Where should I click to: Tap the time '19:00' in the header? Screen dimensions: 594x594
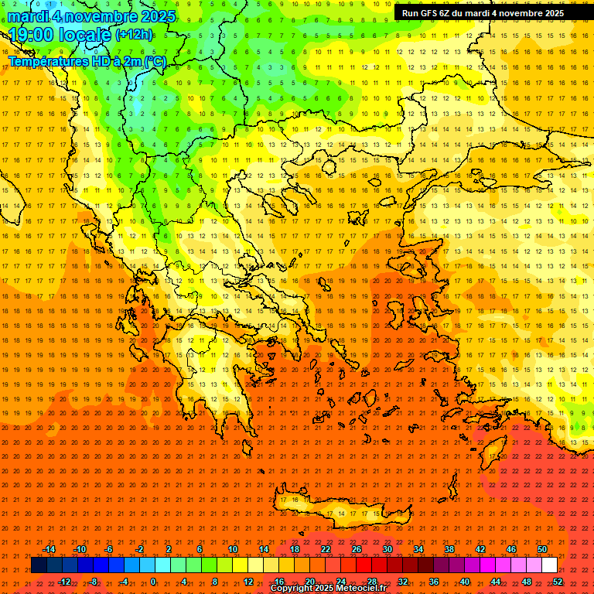[34, 35]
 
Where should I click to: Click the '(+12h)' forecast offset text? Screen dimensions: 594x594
[134, 34]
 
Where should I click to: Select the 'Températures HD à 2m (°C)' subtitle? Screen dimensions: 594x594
[87, 61]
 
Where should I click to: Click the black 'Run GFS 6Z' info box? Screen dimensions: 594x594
[483, 13]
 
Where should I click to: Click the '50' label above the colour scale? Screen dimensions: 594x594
[541, 549]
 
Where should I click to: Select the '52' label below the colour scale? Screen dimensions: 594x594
[558, 582]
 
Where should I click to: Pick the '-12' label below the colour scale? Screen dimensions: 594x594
[64, 582]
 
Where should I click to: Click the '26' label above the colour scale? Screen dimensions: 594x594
[357, 549]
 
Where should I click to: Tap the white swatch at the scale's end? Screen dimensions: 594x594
[549, 565]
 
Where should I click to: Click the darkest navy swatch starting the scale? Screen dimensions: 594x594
[39, 565]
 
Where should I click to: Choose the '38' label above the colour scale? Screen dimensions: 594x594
[449, 549]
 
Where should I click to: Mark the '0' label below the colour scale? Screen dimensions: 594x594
[153, 582]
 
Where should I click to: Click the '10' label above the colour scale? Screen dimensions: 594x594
[233, 549]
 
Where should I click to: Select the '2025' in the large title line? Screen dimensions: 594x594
[154, 16]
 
